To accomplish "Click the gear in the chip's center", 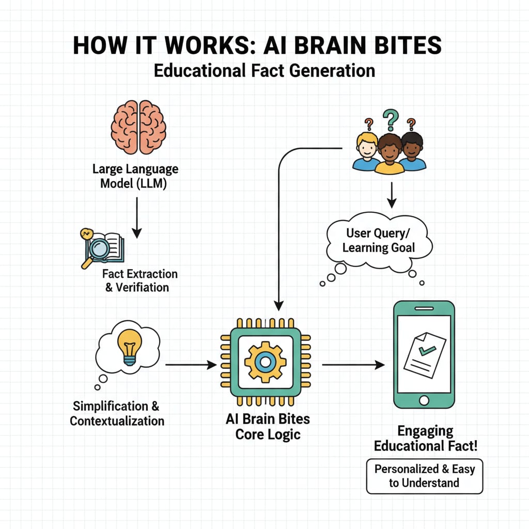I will pyautogui.click(x=265, y=362).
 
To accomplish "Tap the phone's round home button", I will pyautogui.click(x=424, y=400).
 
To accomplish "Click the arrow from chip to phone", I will pyautogui.click(x=353, y=365).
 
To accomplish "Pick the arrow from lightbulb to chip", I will pyautogui.click(x=190, y=365).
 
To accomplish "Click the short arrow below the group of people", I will pyautogui.click(x=391, y=195).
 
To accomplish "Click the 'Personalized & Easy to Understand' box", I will pyautogui.click(x=424, y=476).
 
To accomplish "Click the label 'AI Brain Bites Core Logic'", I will pyautogui.click(x=268, y=426).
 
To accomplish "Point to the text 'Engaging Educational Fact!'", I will pyautogui.click(x=425, y=439).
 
